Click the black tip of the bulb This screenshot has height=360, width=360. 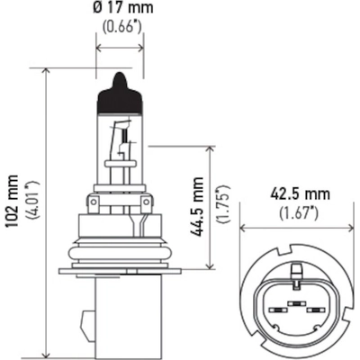pyautogui.click(x=117, y=88)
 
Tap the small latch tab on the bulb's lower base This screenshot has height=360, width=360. pyautogui.click(x=86, y=322)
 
